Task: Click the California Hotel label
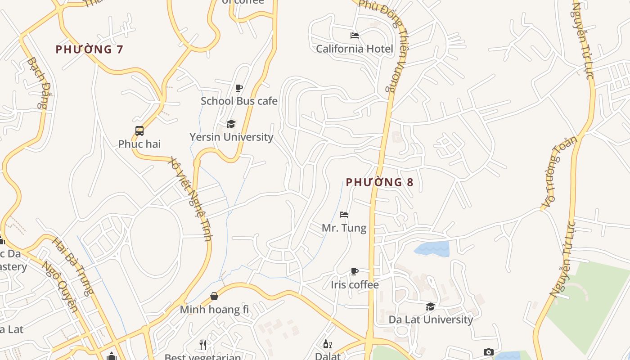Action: [355, 49]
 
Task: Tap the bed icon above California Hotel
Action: [355, 35]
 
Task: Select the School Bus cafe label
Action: [239, 101]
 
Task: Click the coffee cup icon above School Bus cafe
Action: [239, 88]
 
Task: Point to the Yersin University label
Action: [231, 137]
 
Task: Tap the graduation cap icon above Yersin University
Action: [231, 124]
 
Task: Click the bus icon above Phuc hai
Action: [139, 131]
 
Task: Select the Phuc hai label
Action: [139, 144]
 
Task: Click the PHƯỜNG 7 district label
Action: [89, 49]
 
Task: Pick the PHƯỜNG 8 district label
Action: [379, 182]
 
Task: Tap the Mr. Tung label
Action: [344, 228]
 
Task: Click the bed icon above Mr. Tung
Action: [344, 215]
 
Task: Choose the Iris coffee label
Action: [355, 284]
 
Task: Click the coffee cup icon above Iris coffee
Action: [355, 271]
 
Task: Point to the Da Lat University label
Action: [431, 319]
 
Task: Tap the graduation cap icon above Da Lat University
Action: [431, 306]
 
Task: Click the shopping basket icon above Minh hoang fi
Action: [214, 296]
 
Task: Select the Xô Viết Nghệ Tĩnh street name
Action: [189, 198]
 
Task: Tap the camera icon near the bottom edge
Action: [489, 352]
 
